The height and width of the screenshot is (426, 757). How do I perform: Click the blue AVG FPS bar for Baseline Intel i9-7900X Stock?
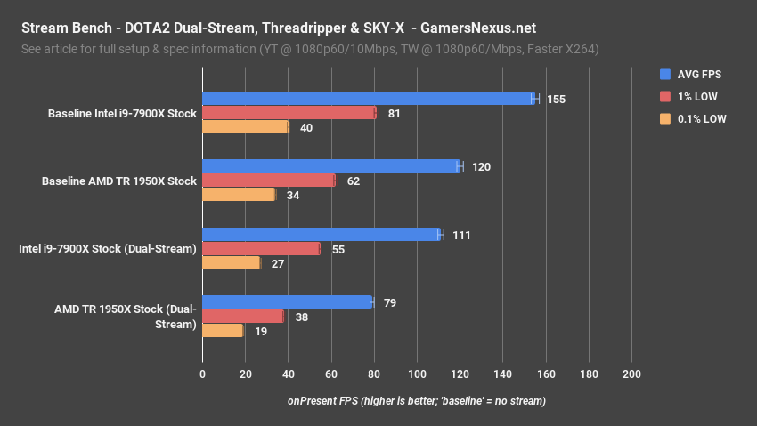pyautogui.click(x=369, y=99)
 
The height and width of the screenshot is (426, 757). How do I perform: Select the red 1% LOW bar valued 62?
pyautogui.click(x=269, y=181)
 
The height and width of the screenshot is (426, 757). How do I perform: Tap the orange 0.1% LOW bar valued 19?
pyautogui.click(x=223, y=331)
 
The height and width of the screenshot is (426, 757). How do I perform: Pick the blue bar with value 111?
pyautogui.click(x=322, y=235)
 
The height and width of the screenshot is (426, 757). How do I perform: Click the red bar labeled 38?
pyautogui.click(x=243, y=317)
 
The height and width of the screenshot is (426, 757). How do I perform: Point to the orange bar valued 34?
pyautogui.click(x=239, y=195)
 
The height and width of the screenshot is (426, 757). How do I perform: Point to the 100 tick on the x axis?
pyautogui.click(x=417, y=374)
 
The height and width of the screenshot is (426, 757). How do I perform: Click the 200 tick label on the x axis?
pyautogui.click(x=631, y=374)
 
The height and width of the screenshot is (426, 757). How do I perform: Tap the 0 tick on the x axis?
pyautogui.click(x=203, y=374)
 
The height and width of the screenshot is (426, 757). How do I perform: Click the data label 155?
pyautogui.click(x=556, y=99)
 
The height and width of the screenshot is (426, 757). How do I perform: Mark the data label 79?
pyautogui.click(x=389, y=302)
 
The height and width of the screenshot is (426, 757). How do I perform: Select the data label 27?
pyautogui.click(x=278, y=263)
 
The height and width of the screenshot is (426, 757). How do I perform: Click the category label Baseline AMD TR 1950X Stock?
pyautogui.click(x=118, y=181)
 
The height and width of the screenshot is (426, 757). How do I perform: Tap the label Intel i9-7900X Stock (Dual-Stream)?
pyautogui.click(x=107, y=249)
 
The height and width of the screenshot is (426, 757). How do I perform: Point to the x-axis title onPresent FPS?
pyautogui.click(x=416, y=401)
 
